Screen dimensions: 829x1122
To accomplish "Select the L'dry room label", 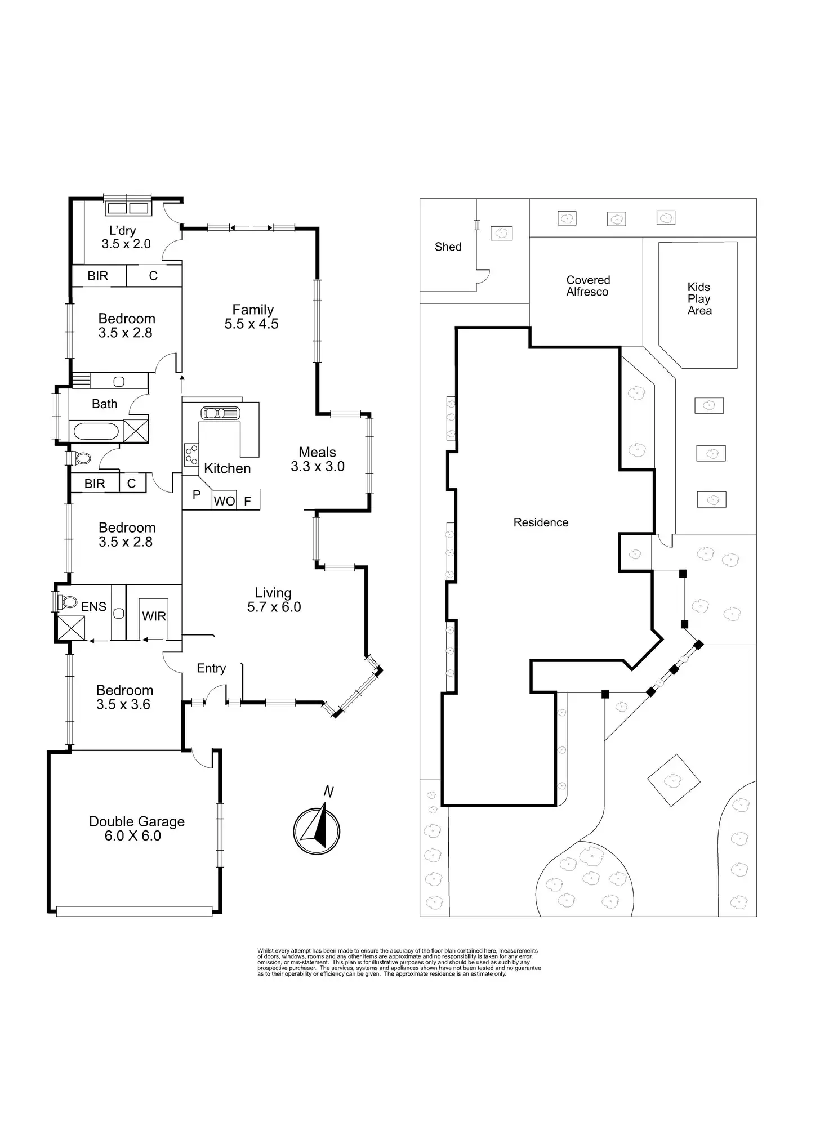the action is (x=123, y=230).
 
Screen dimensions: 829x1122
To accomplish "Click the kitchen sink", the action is (x=220, y=413).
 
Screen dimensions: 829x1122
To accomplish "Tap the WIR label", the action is (x=154, y=616).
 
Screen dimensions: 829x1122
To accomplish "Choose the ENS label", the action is (x=93, y=606).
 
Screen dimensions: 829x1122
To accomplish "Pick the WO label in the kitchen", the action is (x=224, y=501).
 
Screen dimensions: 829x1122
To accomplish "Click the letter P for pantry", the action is (x=197, y=495).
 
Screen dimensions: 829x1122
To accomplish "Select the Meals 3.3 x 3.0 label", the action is (x=318, y=459).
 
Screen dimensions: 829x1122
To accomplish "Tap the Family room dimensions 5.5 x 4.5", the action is (x=252, y=324).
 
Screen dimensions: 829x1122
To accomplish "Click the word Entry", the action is (x=211, y=668).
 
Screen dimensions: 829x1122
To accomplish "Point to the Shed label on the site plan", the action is (x=448, y=247).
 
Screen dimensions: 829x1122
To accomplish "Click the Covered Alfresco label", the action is (x=588, y=286).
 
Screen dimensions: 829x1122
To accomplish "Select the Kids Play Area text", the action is (x=699, y=298).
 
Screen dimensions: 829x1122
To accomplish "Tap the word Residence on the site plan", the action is (x=541, y=522).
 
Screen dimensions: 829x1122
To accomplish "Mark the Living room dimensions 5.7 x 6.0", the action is (x=274, y=607).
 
